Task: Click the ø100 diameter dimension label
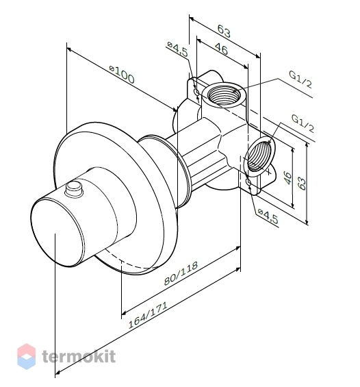(122, 74)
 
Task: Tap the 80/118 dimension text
(181, 273)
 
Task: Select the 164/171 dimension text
(148, 315)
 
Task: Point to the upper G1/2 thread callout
(300, 79)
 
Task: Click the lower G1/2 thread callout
(303, 123)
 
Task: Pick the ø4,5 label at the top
(177, 49)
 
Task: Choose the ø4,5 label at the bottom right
(268, 215)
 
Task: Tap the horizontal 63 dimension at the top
(224, 31)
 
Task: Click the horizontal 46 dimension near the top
(221, 49)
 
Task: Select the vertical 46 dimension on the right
(287, 177)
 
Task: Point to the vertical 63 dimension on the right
(302, 183)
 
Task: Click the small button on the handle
(73, 188)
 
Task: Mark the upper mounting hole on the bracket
(196, 92)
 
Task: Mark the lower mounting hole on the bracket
(248, 182)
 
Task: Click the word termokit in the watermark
(79, 356)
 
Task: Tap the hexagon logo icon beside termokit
(27, 356)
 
